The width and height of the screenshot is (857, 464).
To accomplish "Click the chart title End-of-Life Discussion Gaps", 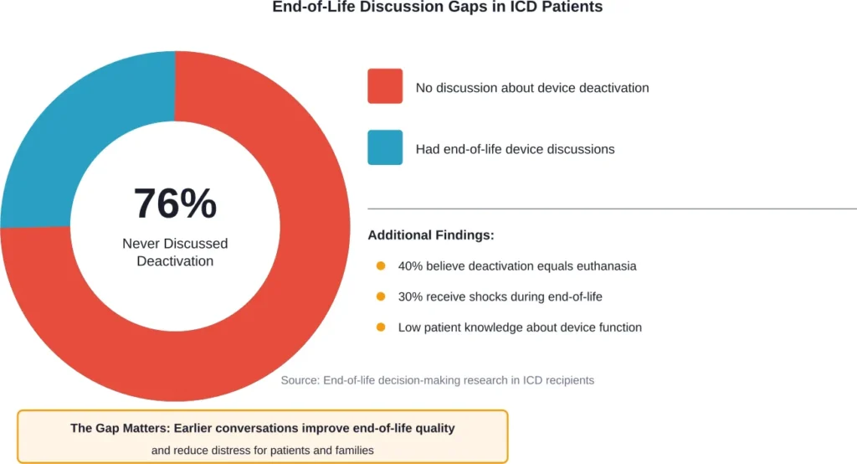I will pos(437,8).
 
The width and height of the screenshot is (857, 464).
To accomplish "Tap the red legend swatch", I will pos(385,86).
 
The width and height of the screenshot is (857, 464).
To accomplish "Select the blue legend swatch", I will pos(385,147).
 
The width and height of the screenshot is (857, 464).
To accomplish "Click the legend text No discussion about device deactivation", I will pos(532,87).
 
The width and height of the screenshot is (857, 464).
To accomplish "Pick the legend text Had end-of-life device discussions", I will pos(515,149).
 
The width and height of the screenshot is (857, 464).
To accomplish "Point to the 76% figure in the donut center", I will pos(175,204).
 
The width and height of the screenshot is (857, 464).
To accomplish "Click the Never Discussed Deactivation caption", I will pos(175,252).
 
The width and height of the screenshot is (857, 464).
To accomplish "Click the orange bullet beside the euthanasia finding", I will pos(381,266).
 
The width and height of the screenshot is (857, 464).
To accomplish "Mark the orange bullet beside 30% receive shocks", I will pos(381,296).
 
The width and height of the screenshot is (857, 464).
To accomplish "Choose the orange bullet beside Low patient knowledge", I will pos(381,327).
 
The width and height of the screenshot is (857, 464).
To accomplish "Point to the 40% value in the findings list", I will pos(411,266).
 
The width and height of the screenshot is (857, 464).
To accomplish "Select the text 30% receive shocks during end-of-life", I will pos(500,296).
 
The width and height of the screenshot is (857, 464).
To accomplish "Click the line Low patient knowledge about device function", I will pos(520,327).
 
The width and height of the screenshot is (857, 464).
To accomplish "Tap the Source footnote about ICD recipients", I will pos(437,380).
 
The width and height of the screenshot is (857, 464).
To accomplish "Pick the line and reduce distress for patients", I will pos(262,450).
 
